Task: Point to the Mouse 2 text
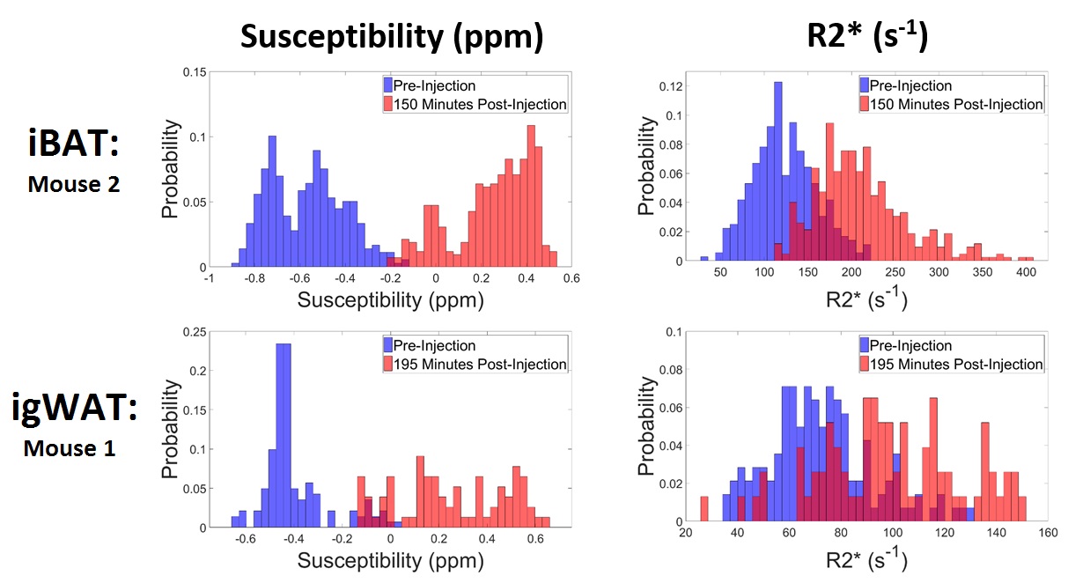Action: (x=72, y=186)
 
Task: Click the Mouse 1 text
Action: (x=70, y=448)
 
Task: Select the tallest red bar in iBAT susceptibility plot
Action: (x=531, y=194)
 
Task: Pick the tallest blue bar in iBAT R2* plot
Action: (x=777, y=172)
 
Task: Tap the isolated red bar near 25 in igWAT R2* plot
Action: (x=703, y=511)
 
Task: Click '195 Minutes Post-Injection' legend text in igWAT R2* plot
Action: (x=955, y=365)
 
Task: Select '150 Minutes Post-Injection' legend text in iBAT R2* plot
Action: (x=955, y=105)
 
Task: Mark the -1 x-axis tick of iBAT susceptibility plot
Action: (x=209, y=278)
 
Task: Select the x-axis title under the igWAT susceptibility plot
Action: (x=391, y=558)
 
